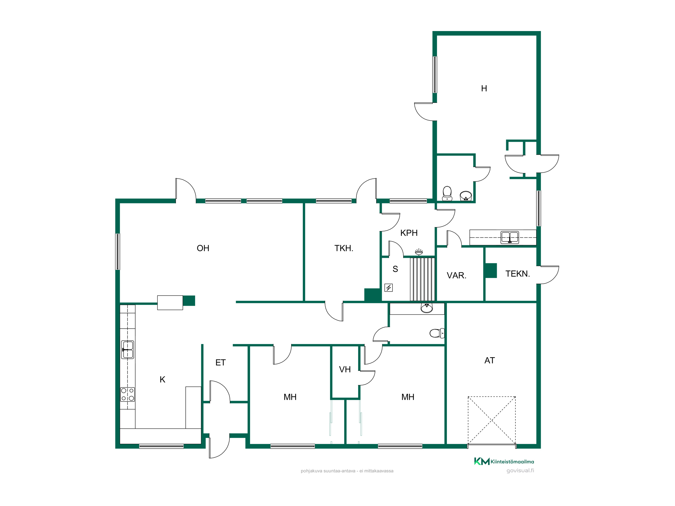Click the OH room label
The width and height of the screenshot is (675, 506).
click(x=203, y=248)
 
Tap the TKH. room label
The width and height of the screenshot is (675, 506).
click(x=344, y=248)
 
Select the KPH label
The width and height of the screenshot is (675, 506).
click(x=409, y=233)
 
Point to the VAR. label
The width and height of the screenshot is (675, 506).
click(x=456, y=275)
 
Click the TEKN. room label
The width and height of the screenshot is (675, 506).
click(x=517, y=274)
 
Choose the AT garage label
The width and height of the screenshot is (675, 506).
click(x=489, y=360)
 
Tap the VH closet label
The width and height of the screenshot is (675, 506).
click(x=345, y=369)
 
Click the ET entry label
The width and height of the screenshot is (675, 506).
click(x=220, y=363)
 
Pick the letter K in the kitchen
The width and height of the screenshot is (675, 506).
click(x=162, y=379)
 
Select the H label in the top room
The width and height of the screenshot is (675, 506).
click(x=484, y=88)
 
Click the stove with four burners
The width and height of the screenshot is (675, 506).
click(x=128, y=394)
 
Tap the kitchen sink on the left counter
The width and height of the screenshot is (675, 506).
click(x=128, y=349)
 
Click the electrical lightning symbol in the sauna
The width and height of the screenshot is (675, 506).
click(x=388, y=288)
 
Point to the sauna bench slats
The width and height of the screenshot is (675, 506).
click(x=422, y=279)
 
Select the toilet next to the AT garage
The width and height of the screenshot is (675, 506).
click(x=437, y=333)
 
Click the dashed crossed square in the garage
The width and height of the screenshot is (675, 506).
click(x=492, y=420)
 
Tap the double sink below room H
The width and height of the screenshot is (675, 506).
click(x=510, y=237)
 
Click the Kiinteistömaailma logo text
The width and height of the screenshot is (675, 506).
click(x=512, y=461)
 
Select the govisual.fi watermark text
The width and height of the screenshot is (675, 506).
click(x=520, y=471)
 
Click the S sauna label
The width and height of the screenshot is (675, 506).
click(x=395, y=269)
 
